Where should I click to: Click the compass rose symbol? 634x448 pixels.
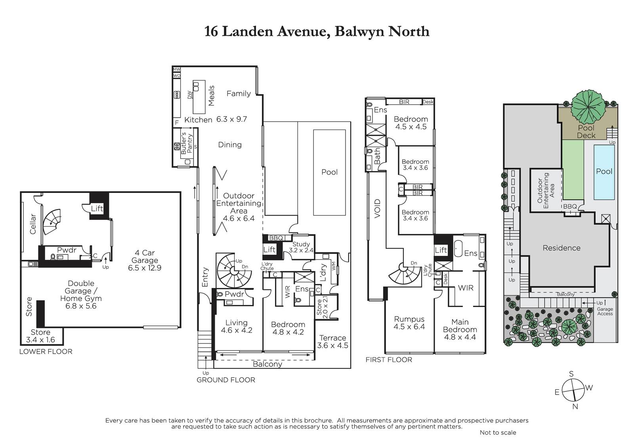(x=573, y=391)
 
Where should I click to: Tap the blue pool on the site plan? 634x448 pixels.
(x=604, y=172)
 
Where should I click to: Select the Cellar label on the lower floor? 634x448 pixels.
(x=33, y=224)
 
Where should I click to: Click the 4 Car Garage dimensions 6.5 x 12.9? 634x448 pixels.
(x=145, y=268)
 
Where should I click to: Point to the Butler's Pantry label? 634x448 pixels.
(x=187, y=143)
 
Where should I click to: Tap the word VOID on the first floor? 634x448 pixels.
(x=377, y=209)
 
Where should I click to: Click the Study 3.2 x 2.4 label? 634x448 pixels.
(x=301, y=247)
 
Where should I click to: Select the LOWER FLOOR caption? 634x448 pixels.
(x=46, y=351)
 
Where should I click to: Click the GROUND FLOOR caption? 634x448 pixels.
(x=226, y=380)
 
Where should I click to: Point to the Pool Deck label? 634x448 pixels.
(x=586, y=132)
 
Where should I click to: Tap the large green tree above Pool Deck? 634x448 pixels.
(x=588, y=104)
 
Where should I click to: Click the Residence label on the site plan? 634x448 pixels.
(x=561, y=248)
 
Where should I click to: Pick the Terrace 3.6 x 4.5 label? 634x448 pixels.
(x=332, y=341)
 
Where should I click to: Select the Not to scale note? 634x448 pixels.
(x=498, y=433)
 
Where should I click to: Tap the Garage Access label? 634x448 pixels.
(x=605, y=311)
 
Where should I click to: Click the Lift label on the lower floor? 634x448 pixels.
(x=97, y=209)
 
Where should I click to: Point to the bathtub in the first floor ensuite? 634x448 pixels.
(x=458, y=248)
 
